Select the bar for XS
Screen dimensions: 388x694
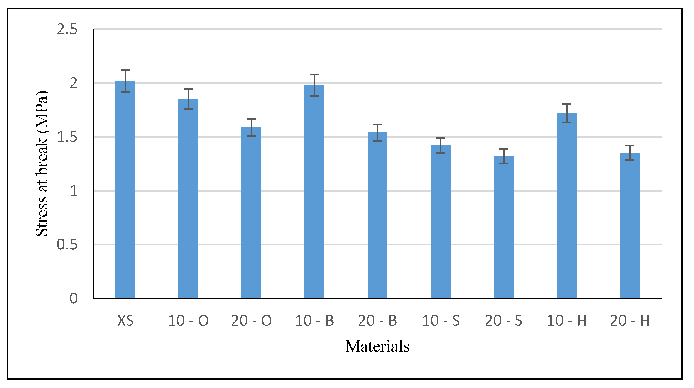pos(125,190)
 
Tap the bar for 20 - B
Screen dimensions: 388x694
pos(378,215)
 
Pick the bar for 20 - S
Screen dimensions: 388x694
pos(503,227)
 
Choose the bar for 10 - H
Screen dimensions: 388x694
pos(566,206)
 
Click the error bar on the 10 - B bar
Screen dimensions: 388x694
pos(314,85)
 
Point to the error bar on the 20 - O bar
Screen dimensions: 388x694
pos(251,127)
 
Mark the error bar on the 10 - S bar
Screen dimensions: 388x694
pos(441,145)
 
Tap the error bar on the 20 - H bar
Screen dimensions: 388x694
pos(630,153)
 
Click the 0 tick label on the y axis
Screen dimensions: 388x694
pos(74,299)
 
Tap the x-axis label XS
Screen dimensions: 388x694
pos(125,321)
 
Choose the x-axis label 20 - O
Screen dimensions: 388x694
pos(251,321)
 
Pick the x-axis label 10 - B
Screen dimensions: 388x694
pos(314,321)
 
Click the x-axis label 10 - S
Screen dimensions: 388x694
pos(441,321)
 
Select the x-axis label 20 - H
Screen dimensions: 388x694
pos(630,321)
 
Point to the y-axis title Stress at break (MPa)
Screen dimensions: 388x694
pos(42,164)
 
